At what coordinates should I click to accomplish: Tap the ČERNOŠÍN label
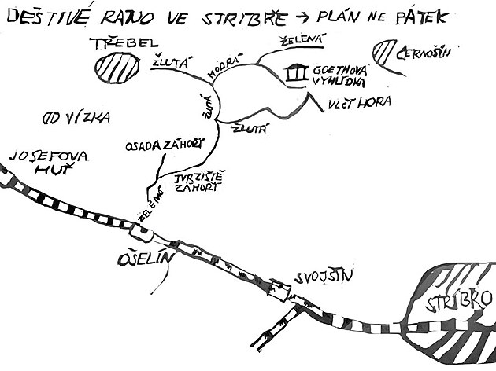425,55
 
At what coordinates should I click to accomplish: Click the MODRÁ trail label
221,69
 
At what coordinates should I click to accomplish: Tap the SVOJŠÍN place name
323,275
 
